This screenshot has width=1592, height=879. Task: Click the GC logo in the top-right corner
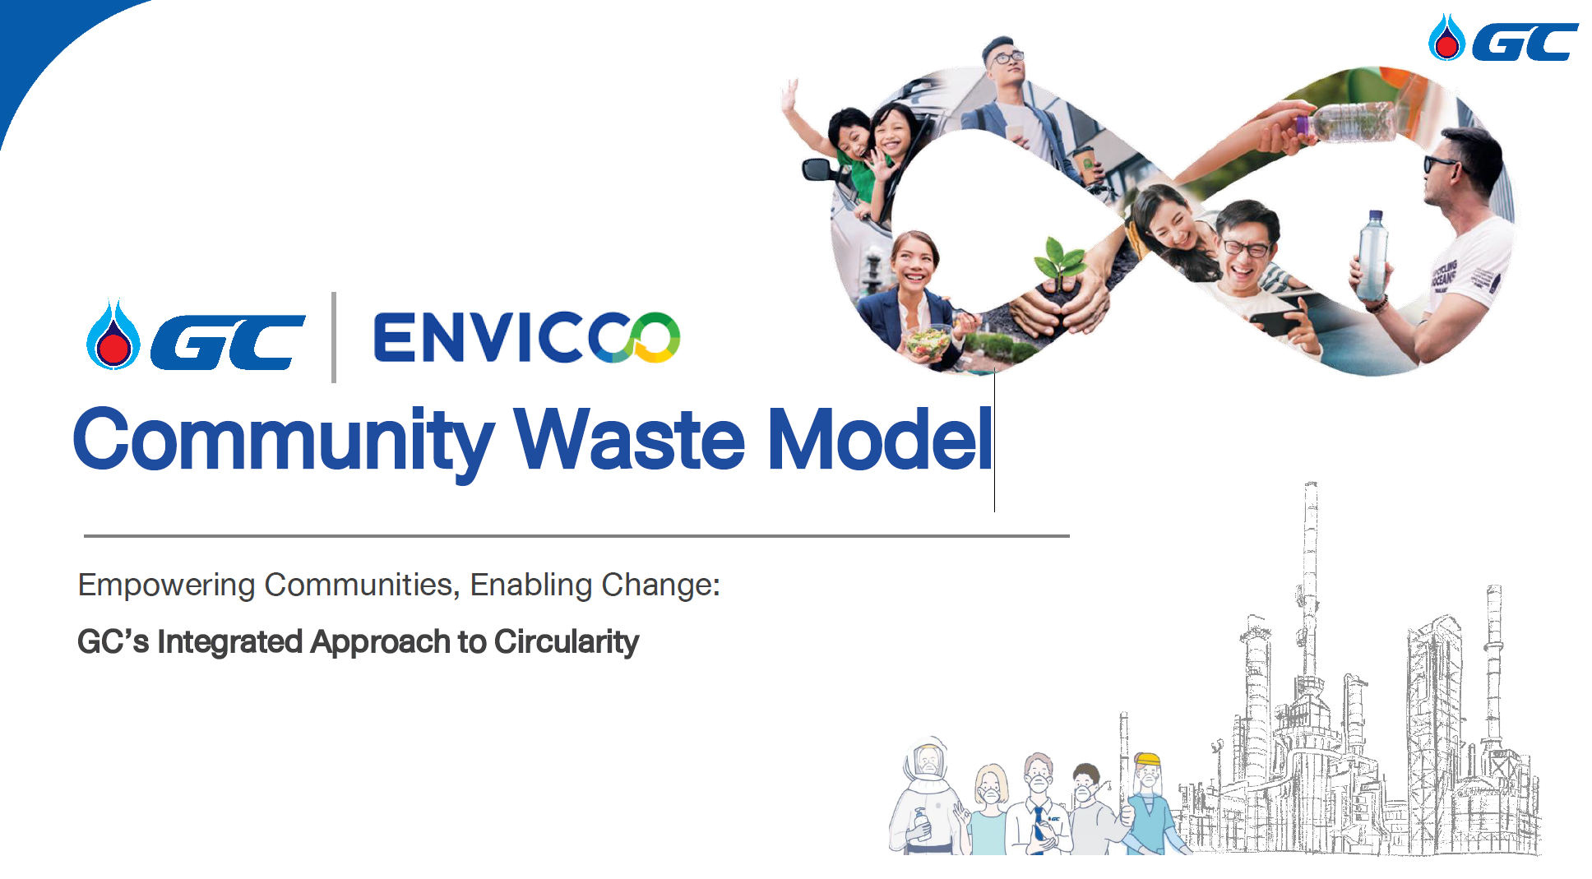pyautogui.click(x=1503, y=38)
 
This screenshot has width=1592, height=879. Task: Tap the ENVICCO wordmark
pyautogui.click(x=527, y=337)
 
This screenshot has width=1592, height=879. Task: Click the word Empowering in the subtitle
pyautogui.click(x=167, y=585)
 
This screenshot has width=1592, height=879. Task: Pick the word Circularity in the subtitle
pyautogui.click(x=567, y=642)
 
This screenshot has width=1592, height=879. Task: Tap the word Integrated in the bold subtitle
pyautogui.click(x=230, y=642)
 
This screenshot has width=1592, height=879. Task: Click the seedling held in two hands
pyautogui.click(x=1060, y=261)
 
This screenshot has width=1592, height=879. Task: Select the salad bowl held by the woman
pyautogui.click(x=929, y=340)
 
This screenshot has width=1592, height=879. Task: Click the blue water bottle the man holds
pyautogui.click(x=1372, y=254)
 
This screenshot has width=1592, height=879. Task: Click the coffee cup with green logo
pyautogui.click(x=1088, y=165)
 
